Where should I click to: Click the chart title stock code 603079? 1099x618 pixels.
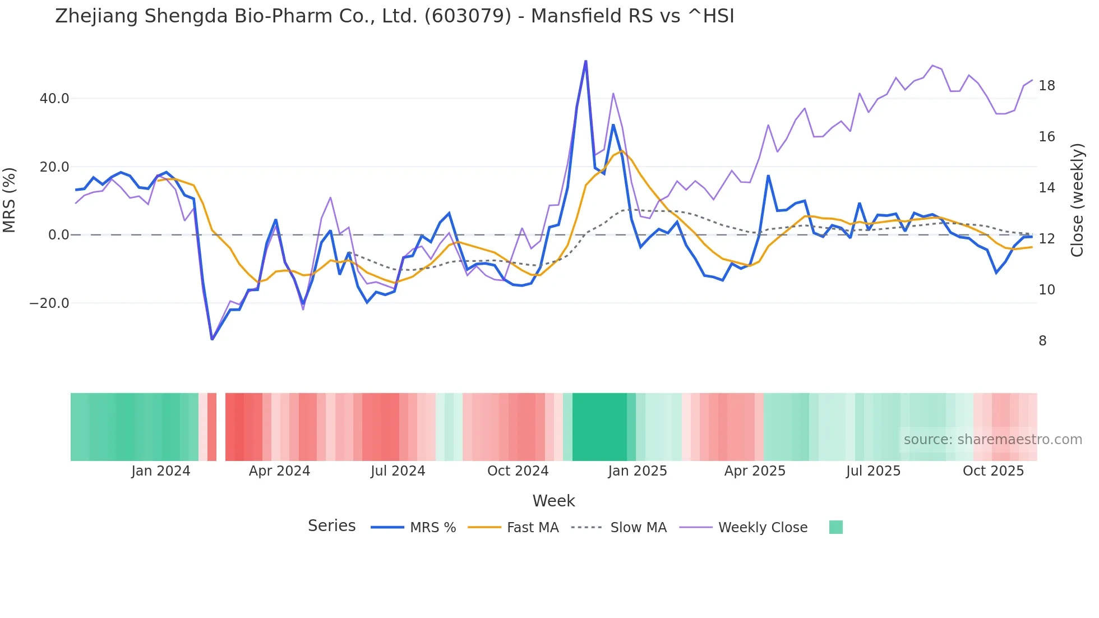[x=468, y=16]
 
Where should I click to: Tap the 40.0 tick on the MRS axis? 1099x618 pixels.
[x=54, y=99]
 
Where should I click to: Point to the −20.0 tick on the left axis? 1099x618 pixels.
[x=49, y=303]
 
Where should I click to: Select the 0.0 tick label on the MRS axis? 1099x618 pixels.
[x=59, y=235]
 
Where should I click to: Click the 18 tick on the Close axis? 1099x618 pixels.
[x=1047, y=86]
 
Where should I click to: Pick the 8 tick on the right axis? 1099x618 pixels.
[x=1042, y=341]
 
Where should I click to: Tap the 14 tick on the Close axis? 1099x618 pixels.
[x=1047, y=188]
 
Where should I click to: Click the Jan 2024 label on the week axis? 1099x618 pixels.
[x=161, y=471]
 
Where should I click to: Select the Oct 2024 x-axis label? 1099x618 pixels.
[x=518, y=471]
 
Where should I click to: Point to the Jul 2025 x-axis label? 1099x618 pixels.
[x=873, y=471]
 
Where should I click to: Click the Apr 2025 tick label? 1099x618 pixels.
[x=755, y=471]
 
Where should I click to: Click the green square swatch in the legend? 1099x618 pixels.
[x=835, y=527]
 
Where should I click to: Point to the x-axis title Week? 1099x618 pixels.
[x=553, y=501]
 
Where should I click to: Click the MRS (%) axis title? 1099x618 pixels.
[x=10, y=200]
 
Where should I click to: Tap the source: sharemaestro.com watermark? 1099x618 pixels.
[x=992, y=440]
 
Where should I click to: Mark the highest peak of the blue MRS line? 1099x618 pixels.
[x=585, y=61]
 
